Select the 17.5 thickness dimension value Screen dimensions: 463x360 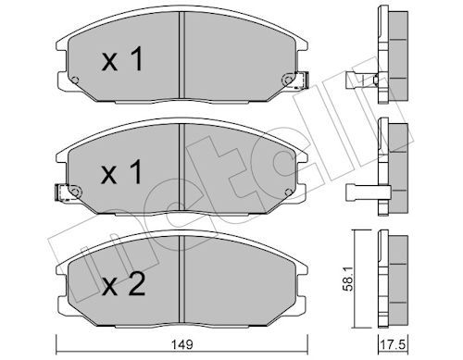394,344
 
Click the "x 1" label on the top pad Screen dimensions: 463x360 122,59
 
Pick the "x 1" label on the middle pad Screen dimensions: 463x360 122,171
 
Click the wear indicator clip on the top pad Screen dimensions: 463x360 302,80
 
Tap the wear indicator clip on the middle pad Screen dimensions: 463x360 62,192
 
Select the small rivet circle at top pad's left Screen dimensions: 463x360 75,81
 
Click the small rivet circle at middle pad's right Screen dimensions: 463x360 288,192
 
